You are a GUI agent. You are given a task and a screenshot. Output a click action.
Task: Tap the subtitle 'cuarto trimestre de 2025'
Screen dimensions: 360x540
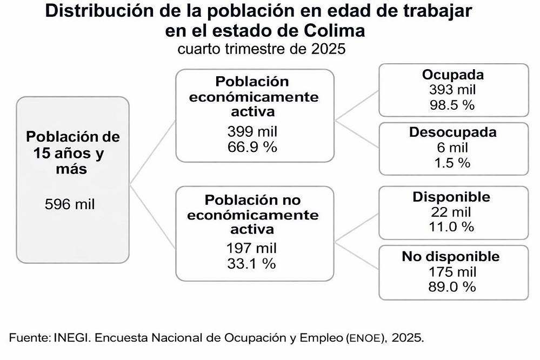262,49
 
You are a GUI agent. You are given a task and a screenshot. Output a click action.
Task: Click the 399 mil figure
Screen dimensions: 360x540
251,132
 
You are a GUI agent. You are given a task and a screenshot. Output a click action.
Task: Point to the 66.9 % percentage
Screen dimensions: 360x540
251,146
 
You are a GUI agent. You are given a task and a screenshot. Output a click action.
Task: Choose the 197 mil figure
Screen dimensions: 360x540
251,249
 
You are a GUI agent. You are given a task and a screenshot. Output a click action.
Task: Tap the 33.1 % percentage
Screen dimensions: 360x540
251,264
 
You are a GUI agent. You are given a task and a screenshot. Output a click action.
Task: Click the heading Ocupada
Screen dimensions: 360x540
453,74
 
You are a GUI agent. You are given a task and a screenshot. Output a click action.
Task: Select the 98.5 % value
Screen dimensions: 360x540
453,105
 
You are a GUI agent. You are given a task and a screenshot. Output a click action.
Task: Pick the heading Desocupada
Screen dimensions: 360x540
453,132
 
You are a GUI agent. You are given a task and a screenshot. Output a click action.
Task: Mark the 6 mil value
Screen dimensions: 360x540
453,147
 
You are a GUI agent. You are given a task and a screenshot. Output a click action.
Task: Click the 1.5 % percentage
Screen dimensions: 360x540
453,162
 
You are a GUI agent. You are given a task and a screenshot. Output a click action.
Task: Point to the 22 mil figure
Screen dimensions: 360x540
453,212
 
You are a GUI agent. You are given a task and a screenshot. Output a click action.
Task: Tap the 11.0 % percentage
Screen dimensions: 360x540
453,226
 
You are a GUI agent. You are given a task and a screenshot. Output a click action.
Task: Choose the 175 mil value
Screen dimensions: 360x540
453,271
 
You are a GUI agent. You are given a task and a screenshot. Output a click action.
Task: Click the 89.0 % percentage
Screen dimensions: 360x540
453,286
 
